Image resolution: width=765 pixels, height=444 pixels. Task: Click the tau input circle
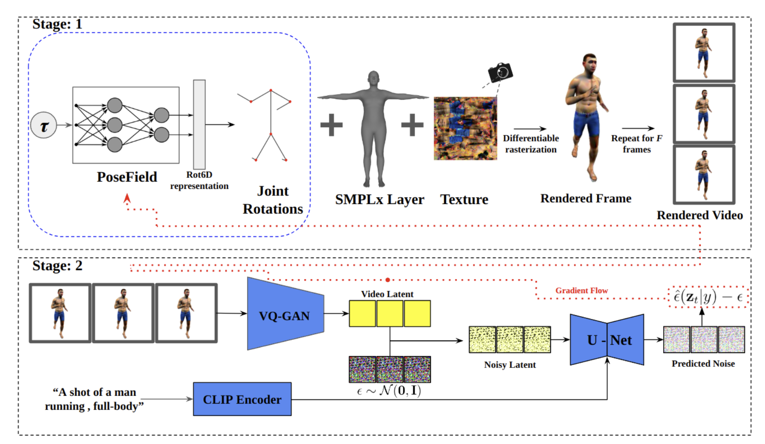pos(43,125)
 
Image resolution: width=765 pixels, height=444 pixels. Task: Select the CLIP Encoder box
pos(242,399)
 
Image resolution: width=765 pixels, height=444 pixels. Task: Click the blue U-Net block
pos(607,339)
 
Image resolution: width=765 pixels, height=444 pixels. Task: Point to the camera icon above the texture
pos(500,72)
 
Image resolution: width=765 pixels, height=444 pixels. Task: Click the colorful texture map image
pos(465,128)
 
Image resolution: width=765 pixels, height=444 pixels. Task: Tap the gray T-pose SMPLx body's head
pos(373,77)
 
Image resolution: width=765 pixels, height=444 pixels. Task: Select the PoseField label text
pos(127,177)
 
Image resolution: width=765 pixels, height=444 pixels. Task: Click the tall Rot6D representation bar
pos(199,124)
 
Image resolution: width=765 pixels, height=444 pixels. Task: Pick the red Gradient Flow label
pos(581,291)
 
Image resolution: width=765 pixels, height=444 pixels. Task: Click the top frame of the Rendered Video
pos(704,52)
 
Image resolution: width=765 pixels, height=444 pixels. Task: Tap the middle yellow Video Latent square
pos(389,314)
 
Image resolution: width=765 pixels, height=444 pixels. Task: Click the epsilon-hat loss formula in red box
pos(708,297)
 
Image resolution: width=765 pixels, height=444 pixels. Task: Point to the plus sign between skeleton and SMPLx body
pos(331,125)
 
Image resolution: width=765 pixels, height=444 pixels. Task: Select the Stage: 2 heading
pos(57,266)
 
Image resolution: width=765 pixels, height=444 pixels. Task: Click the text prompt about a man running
pos(94,399)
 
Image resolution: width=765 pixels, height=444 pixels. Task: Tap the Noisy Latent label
pos(510,365)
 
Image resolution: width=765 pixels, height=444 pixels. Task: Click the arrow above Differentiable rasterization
pos(530,129)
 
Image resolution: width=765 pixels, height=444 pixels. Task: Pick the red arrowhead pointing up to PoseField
pos(127,198)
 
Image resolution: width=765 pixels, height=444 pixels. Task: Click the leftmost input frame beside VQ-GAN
pos(60,313)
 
